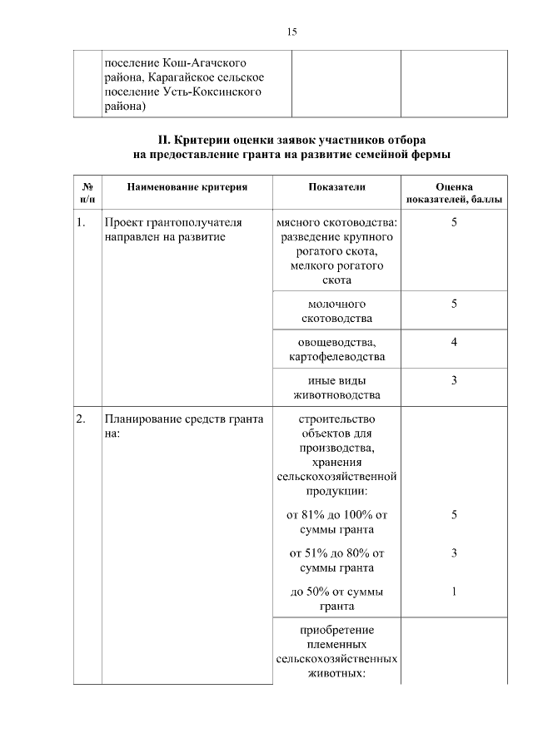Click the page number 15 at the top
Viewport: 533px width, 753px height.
pyautogui.click(x=291, y=32)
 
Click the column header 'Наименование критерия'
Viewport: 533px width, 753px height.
pyautogui.click(x=187, y=188)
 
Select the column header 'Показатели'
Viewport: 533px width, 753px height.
pyautogui.click(x=336, y=188)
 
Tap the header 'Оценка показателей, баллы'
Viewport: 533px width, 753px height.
pyautogui.click(x=453, y=194)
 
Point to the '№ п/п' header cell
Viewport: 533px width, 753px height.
pyautogui.click(x=87, y=194)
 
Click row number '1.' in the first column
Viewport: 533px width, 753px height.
pyautogui.click(x=81, y=223)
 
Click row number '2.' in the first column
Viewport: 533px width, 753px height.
pyautogui.click(x=81, y=419)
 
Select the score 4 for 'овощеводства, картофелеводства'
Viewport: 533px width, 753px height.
pyautogui.click(x=454, y=342)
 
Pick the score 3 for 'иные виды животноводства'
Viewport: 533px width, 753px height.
pyautogui.click(x=454, y=380)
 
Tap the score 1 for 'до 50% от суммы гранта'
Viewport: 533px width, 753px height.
pyautogui.click(x=454, y=592)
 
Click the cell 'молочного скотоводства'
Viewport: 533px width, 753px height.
pyautogui.click(x=336, y=311)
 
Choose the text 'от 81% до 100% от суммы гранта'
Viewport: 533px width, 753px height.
pyautogui.click(x=336, y=523)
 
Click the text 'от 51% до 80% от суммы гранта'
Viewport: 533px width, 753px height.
pyautogui.click(x=336, y=560)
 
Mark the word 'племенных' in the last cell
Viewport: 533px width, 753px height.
pyautogui.click(x=336, y=644)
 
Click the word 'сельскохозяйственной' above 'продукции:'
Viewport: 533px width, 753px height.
pyautogui.click(x=336, y=478)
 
